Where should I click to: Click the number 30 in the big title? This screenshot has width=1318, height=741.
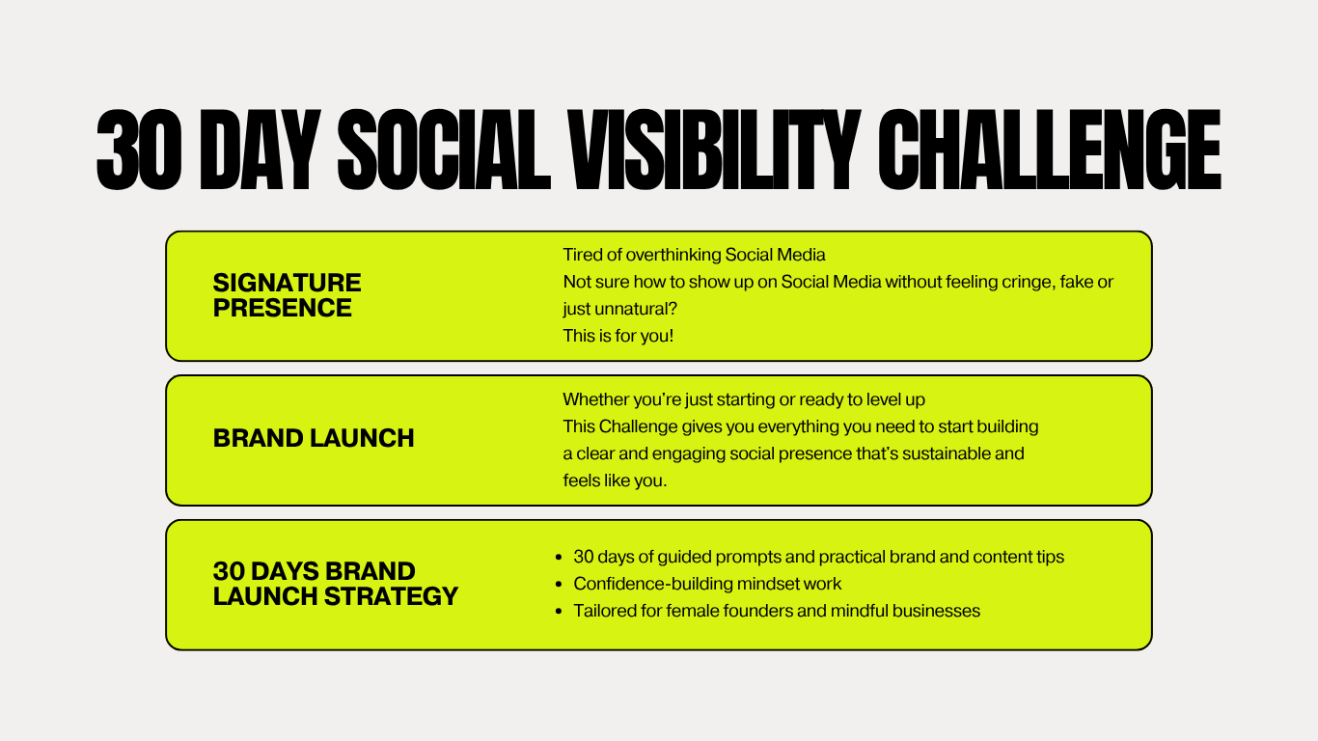tap(140, 150)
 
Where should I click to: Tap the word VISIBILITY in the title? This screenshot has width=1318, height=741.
tap(714, 150)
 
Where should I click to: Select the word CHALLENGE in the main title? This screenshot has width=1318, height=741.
tap(1049, 150)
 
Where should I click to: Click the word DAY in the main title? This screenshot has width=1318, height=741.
tap(261, 150)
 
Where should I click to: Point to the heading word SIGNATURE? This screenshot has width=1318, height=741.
tap(288, 283)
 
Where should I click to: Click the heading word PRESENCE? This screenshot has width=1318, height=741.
tap(283, 308)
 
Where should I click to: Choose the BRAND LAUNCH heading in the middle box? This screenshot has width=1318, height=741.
tap(314, 438)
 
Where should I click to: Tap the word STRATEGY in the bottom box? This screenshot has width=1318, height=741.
tap(392, 596)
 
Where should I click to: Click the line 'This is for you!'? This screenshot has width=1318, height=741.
tap(618, 336)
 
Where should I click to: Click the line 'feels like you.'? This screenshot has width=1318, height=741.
tap(615, 480)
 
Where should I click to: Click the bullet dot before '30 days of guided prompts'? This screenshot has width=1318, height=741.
tap(559, 558)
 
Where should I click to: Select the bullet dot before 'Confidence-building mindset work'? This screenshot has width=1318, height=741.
tap(559, 585)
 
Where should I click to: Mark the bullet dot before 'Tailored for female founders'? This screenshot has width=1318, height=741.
tap(559, 612)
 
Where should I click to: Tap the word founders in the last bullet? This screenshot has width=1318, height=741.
tap(757, 611)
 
